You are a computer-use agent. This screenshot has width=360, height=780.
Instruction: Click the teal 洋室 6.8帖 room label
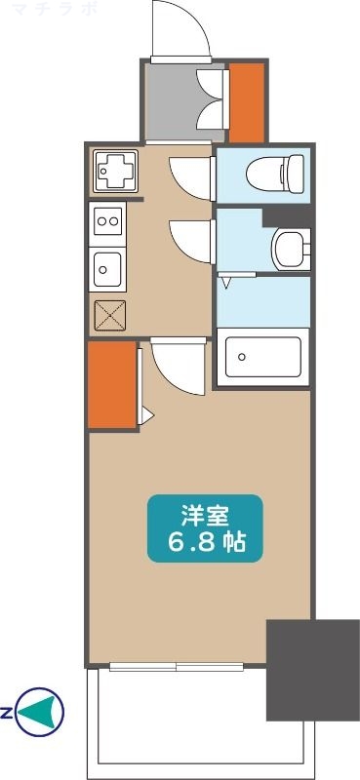coord(205,527)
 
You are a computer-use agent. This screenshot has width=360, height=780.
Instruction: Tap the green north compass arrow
coord(42,712)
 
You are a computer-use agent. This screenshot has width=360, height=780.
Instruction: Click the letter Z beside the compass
coord(7,713)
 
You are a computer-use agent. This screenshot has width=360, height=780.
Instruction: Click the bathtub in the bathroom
coord(262,358)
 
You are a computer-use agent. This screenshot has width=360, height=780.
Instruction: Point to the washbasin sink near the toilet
coord(290,247)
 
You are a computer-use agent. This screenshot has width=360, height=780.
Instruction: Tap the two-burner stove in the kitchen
coord(106,222)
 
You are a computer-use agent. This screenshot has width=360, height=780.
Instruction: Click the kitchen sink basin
coord(106,265)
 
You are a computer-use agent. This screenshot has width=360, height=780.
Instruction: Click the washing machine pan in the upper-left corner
coord(115,172)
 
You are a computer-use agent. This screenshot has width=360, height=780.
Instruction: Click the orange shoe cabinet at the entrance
coord(245,100)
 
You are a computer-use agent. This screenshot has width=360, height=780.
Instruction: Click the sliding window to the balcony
coord(177,668)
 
